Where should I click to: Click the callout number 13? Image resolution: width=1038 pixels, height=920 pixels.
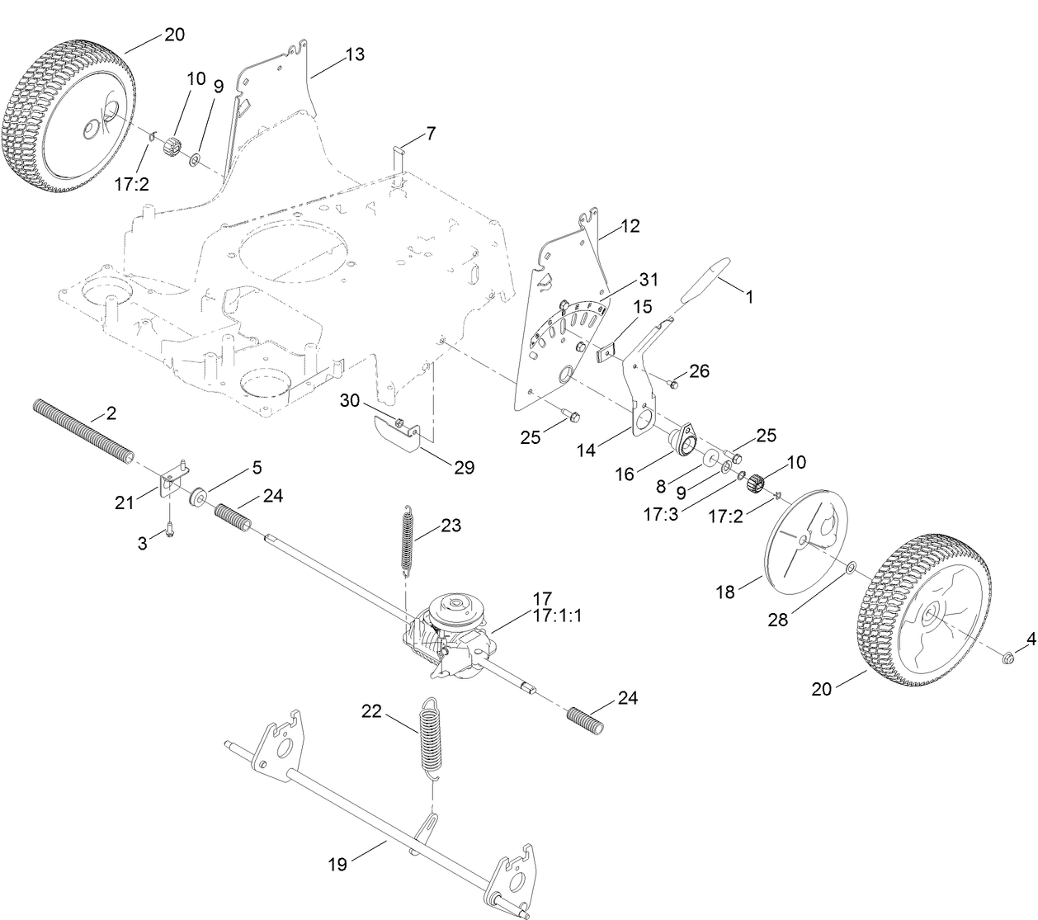355,54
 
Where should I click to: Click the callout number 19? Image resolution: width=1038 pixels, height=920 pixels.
337,864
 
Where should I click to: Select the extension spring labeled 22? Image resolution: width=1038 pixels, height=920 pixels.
431,736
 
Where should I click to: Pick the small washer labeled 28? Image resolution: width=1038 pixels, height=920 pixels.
850,569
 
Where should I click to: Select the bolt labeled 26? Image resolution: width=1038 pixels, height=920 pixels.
672,382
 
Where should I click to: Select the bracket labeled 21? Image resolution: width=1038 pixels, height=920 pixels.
172,479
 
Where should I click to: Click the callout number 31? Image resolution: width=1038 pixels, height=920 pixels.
647,280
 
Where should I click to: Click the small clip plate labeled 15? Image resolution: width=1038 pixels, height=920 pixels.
608,353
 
